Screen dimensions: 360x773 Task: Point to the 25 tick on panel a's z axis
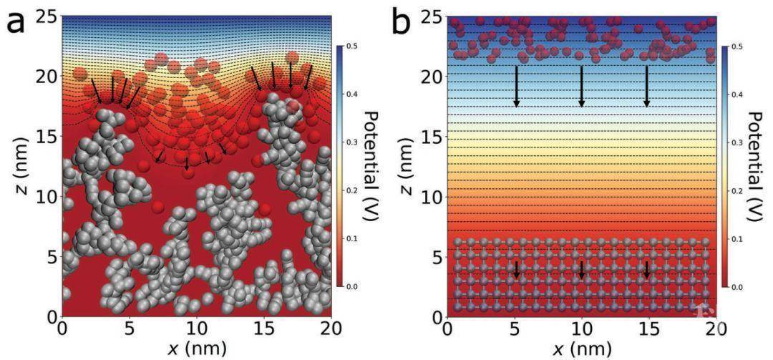(47, 17)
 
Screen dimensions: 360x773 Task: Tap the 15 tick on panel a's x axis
(263, 331)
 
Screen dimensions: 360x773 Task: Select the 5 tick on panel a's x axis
(130, 331)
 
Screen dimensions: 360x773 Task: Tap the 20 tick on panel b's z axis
(432, 77)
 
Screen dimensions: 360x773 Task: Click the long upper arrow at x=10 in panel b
(581, 87)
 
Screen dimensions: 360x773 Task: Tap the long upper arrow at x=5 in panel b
(516, 87)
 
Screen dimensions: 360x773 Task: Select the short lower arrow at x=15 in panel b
(647, 270)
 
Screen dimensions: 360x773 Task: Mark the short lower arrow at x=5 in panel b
(516, 270)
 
